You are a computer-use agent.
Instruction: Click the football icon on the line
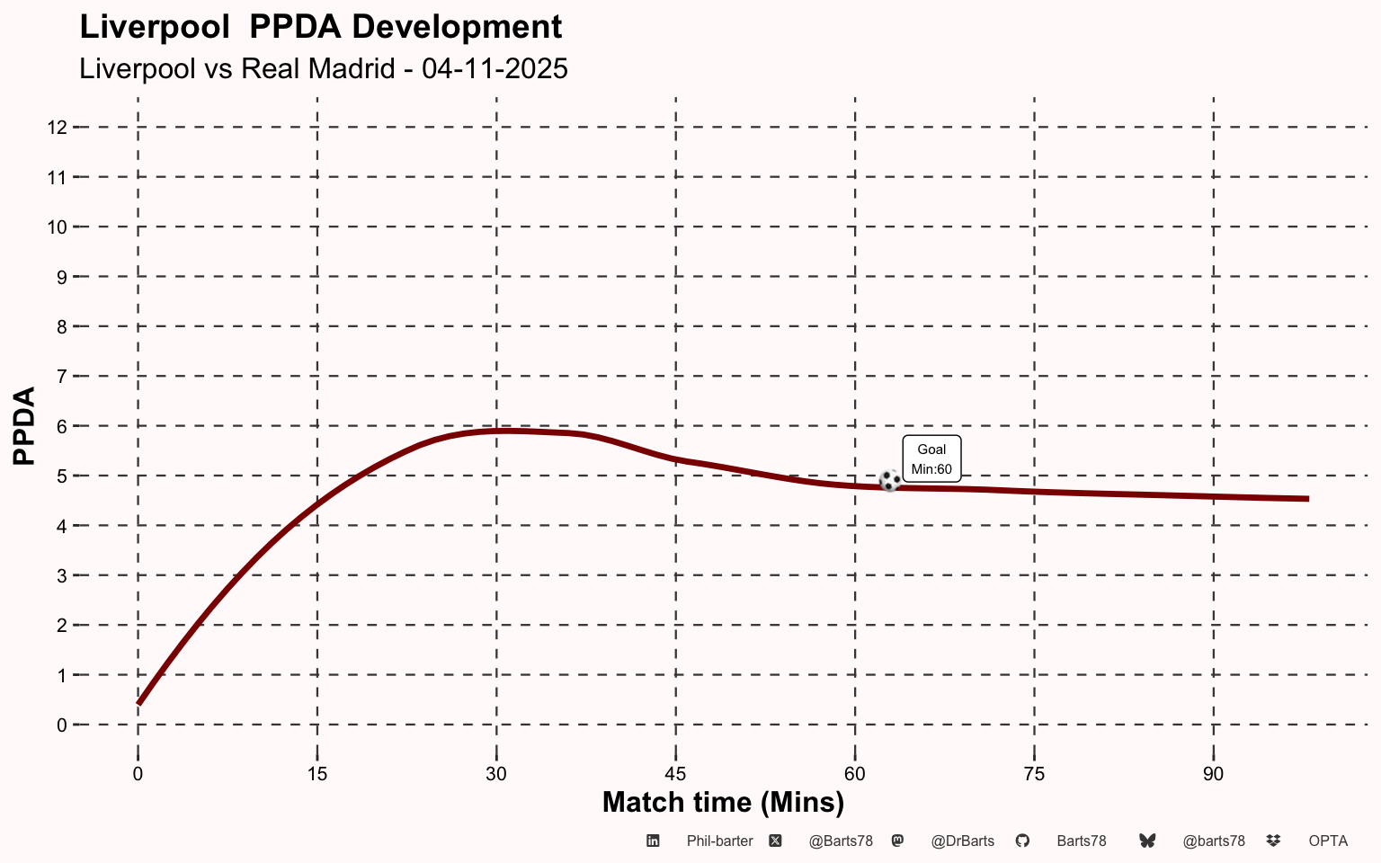[889, 481]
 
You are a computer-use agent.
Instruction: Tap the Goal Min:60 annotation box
[931, 458]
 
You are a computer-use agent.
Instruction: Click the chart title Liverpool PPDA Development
[321, 27]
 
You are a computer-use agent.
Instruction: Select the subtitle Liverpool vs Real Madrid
[324, 68]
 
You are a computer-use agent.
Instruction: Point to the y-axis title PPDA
[24, 425]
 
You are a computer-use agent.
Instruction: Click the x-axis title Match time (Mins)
[723, 802]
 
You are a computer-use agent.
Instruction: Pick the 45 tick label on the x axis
[675, 774]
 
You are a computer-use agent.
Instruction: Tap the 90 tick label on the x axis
[1213, 774]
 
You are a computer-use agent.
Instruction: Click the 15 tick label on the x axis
[316, 774]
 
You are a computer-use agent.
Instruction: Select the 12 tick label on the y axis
[57, 128]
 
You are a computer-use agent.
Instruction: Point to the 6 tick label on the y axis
[62, 426]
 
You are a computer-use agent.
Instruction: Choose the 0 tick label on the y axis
[62, 725]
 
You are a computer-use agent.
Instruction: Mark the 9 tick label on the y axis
[62, 277]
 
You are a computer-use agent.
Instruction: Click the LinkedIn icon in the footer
[654, 841]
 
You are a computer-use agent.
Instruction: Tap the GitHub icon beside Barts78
[1022, 841]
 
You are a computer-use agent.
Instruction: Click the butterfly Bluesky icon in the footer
[1147, 841]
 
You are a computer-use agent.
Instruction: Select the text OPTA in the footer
[1328, 841]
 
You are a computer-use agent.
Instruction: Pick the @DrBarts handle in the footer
[962, 841]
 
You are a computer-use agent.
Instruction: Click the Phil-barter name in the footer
[719, 841]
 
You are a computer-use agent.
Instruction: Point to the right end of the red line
[1306, 499]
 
